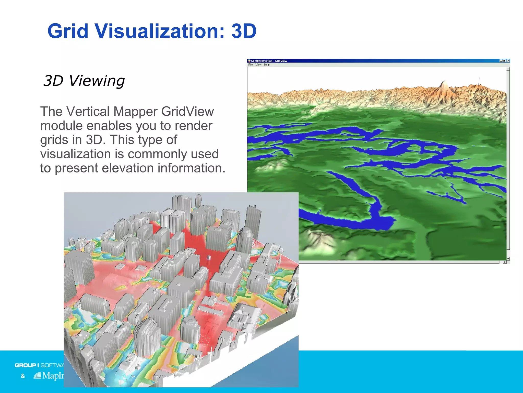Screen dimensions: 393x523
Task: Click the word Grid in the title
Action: pyautogui.click(x=68, y=31)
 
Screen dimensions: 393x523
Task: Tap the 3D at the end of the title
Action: pyautogui.click(x=244, y=31)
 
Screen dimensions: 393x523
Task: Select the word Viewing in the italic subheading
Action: pyautogui.click(x=97, y=81)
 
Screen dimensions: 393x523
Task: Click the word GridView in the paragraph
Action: pyautogui.click(x=187, y=112)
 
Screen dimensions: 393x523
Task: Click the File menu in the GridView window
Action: pyautogui.click(x=250, y=65)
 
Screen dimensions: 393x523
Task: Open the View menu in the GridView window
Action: pyautogui.click(x=258, y=65)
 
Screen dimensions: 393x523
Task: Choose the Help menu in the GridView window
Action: pyautogui.click(x=267, y=65)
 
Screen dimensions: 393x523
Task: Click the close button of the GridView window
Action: pyautogui.click(x=508, y=61)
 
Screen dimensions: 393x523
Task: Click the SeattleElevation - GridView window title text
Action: pyautogui.click(x=269, y=61)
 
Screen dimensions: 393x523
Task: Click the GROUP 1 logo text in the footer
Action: pyautogui.click(x=27, y=365)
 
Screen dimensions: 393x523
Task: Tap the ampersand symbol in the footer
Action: pyautogui.click(x=23, y=376)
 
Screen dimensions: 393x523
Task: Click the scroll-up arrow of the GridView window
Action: pyautogui.click(x=508, y=69)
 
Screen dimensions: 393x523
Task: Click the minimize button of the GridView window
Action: pyautogui.click(x=501, y=61)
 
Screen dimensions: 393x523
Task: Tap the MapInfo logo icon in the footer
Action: pyautogui.click(x=37, y=376)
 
